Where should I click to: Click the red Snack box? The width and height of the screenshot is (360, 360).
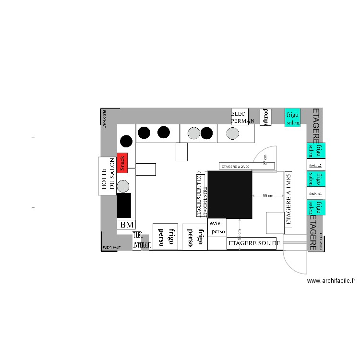click(122, 163)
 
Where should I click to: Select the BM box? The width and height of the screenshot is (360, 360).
click(127, 224)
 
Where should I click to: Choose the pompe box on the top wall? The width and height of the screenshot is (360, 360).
click(265, 117)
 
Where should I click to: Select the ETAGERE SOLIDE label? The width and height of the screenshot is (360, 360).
click(252, 243)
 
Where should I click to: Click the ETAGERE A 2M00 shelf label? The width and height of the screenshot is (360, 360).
click(235, 166)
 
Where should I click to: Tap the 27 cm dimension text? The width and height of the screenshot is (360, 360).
click(265, 160)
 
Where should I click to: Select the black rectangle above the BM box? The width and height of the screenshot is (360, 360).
click(124, 205)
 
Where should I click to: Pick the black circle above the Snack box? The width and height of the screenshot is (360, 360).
click(126, 141)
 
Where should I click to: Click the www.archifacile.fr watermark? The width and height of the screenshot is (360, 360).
click(331, 281)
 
